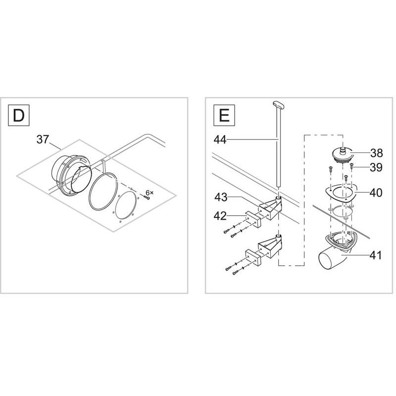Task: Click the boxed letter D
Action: [x=19, y=115]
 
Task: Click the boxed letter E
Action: [x=224, y=115]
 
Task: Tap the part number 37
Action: [x=43, y=140]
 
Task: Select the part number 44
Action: [x=220, y=140]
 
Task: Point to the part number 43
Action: [x=221, y=197]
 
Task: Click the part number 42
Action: [x=220, y=216]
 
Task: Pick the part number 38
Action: [x=377, y=153]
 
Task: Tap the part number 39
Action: [x=376, y=167]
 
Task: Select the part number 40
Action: [x=376, y=193]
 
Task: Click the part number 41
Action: [x=376, y=255]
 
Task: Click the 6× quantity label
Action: [x=149, y=193]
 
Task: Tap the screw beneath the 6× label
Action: [x=147, y=198]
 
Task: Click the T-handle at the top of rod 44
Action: [x=278, y=104]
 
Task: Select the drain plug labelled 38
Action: [x=342, y=154]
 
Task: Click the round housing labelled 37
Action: [x=71, y=177]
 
